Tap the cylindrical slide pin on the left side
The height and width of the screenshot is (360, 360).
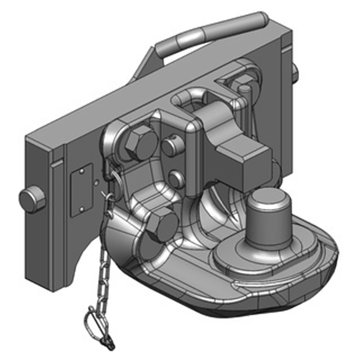(x=32, y=199)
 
